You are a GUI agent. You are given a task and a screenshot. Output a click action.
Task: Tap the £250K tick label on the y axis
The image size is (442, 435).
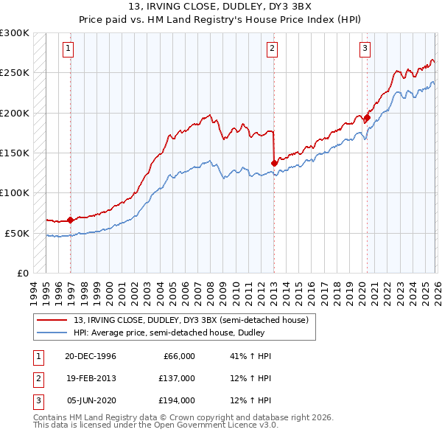point(15,73)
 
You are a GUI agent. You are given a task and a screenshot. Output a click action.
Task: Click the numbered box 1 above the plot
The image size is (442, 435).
point(68,49)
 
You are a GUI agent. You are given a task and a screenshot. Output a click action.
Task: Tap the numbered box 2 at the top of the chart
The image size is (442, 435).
point(272,49)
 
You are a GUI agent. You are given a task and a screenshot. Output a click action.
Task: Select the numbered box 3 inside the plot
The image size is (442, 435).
point(365,49)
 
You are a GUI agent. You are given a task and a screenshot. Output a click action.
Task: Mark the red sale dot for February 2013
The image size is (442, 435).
point(274,163)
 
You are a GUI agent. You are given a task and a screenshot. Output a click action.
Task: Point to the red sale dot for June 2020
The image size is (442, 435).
point(368,117)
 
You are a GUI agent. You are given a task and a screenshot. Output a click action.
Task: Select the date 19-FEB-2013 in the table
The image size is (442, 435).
point(91,378)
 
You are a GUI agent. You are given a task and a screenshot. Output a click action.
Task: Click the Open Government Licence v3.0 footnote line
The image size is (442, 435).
point(156,425)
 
